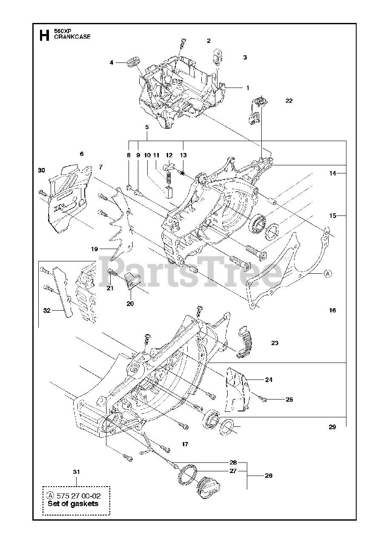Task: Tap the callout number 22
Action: click(x=289, y=101)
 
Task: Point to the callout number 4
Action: click(x=112, y=62)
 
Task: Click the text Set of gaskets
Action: click(x=73, y=504)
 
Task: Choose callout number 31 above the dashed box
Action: click(x=76, y=471)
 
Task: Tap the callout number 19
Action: click(x=94, y=249)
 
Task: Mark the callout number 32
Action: click(x=47, y=311)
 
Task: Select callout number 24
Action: click(x=269, y=380)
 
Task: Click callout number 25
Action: click(x=289, y=399)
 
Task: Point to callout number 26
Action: click(x=269, y=476)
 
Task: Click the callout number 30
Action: click(x=41, y=170)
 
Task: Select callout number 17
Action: click(x=185, y=444)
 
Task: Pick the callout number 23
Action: click(x=275, y=343)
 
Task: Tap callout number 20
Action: click(x=130, y=303)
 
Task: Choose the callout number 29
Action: click(x=332, y=427)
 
